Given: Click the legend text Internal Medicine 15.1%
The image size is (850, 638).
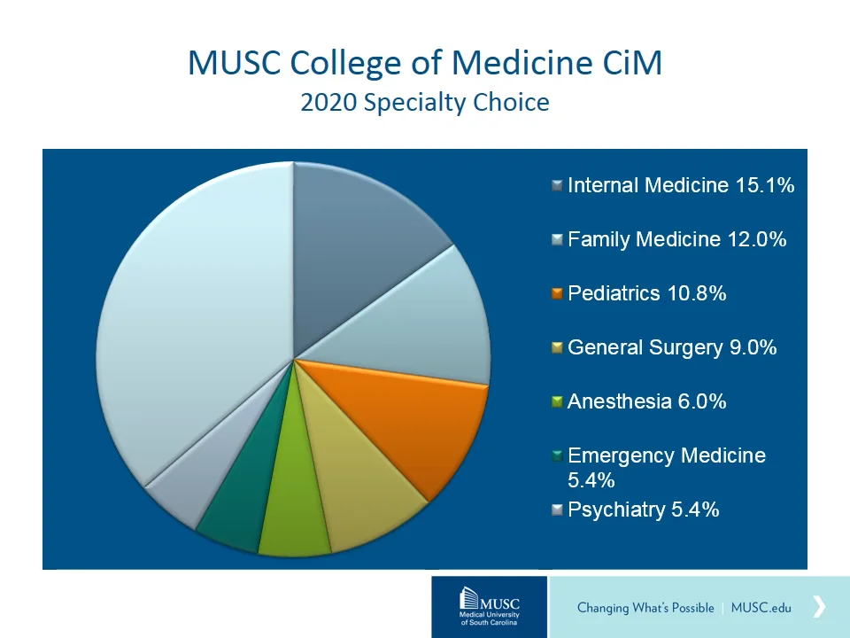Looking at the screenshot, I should point(680,185).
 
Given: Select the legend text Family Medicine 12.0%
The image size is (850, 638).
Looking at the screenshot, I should point(676,239).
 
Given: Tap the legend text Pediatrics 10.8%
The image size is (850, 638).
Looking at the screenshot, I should point(646,293).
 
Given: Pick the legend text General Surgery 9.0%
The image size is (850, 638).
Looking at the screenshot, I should point(672,347).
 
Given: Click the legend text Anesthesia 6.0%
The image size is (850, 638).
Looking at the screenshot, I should point(646,401).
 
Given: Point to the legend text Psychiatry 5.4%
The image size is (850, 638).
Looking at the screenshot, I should point(643,510).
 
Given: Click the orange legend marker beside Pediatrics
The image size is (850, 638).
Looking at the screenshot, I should point(557,293).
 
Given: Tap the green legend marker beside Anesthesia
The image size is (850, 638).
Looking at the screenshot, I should point(557,401).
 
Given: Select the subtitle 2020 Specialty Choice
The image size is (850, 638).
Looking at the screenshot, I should point(425,103).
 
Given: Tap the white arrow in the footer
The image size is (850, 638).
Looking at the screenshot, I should point(819,606).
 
